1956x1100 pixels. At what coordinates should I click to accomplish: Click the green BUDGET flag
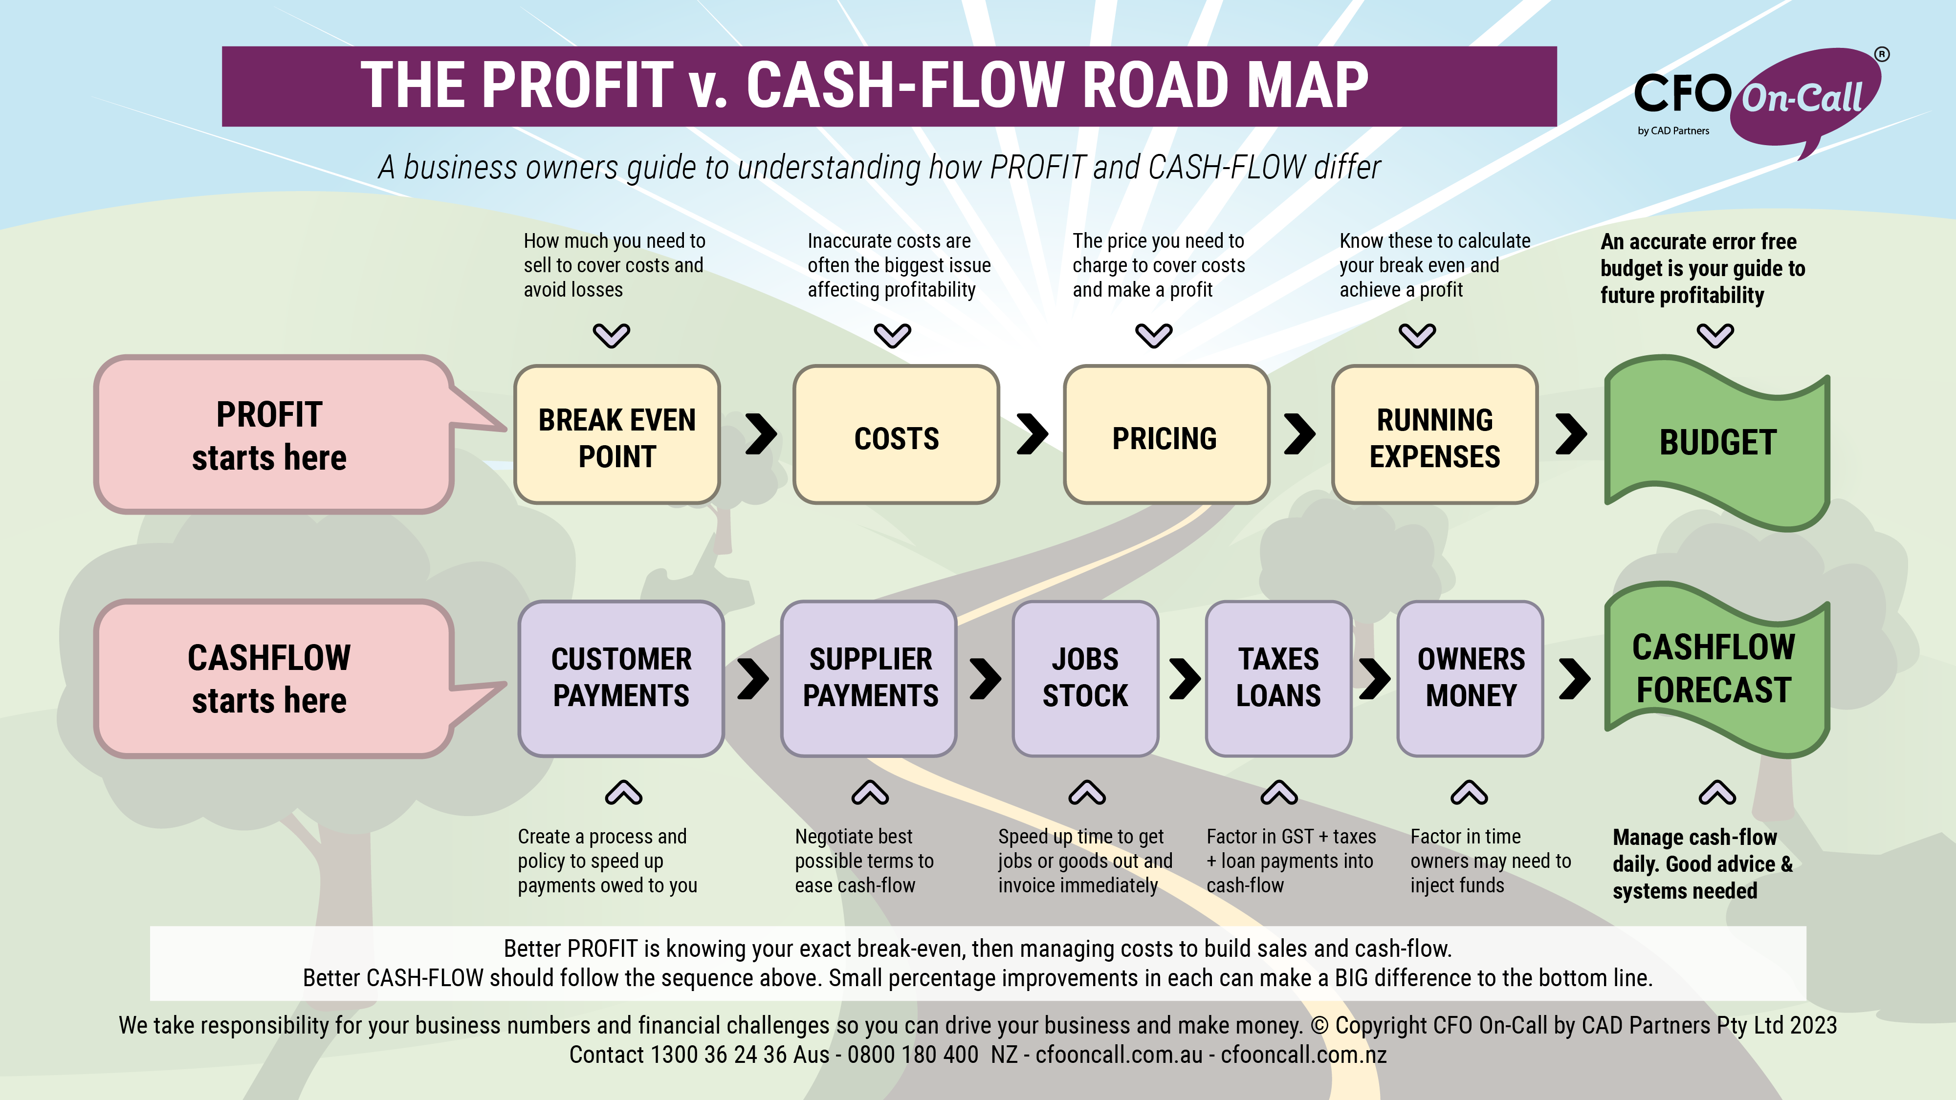click(1717, 443)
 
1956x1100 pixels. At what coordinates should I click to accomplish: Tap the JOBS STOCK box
click(1085, 678)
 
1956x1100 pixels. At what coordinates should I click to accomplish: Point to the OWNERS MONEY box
click(1471, 678)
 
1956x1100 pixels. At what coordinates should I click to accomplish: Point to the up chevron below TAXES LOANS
click(1279, 793)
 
